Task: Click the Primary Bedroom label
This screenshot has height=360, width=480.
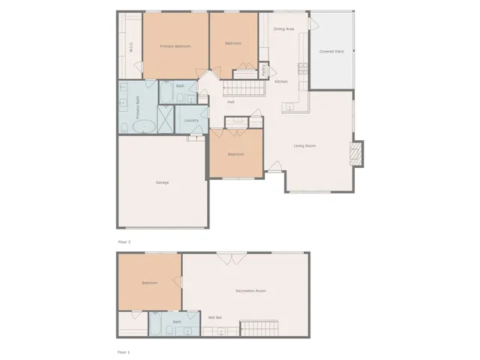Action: click(175, 46)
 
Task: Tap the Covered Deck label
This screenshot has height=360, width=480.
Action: click(331, 52)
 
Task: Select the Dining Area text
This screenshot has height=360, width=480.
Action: click(283, 28)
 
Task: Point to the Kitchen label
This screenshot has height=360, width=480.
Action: click(281, 81)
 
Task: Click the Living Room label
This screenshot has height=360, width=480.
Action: click(304, 145)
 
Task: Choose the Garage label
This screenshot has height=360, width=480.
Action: click(162, 182)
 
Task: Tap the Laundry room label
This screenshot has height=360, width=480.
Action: click(190, 120)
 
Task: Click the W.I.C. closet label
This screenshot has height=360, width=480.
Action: click(131, 46)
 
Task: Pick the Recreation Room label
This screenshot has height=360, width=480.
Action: click(250, 290)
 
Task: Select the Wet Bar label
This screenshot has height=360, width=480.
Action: click(214, 318)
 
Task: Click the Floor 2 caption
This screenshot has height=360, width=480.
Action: click(124, 242)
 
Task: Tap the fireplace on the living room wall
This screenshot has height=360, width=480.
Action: click(356, 154)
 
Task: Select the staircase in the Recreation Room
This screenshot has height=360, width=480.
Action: click(258, 328)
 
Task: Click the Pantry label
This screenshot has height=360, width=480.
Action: click(264, 70)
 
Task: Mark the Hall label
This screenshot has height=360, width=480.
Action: click(231, 102)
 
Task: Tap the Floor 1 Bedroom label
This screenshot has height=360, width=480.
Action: click(149, 283)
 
